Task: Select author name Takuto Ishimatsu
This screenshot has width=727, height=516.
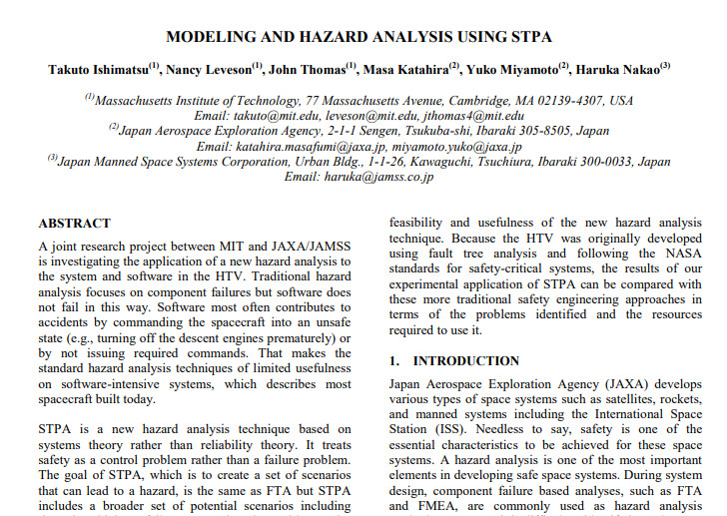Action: [96, 70]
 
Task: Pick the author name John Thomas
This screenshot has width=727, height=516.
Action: [311, 70]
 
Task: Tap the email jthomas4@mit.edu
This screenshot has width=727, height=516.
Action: [470, 116]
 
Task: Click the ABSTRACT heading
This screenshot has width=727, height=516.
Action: [75, 224]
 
